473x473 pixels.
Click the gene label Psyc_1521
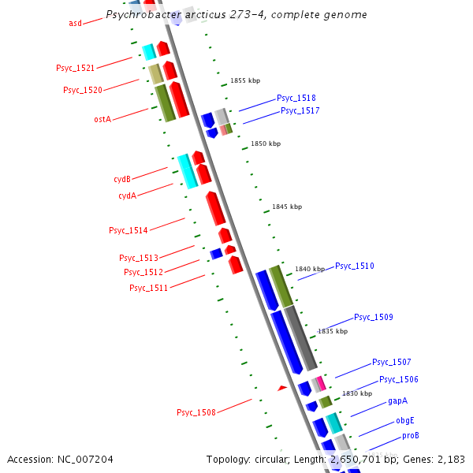75,69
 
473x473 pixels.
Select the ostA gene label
102,119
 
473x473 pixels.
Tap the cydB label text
122,179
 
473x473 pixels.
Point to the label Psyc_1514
128,230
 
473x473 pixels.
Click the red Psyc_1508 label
196,412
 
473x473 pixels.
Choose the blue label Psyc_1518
296,99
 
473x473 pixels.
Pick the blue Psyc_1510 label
355,266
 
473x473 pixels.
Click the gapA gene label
397,401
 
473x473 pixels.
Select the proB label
410,435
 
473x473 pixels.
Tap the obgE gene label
404,420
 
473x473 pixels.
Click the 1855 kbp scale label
245,80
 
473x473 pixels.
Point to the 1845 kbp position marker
287,207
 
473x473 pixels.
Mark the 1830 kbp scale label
356,393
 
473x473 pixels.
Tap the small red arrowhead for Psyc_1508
281,388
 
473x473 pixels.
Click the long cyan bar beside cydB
187,171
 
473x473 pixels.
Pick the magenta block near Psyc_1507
321,383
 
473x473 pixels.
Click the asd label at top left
75,23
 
